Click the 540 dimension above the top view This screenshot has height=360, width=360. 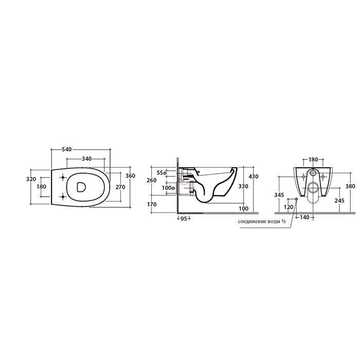67,150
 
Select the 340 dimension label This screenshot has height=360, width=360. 86,158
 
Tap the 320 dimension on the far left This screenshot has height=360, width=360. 31,179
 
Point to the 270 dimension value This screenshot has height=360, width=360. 120,187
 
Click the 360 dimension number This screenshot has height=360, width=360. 131,176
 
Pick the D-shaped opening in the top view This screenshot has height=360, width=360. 81,187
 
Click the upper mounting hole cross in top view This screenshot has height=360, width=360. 63,177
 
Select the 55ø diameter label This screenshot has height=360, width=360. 161,173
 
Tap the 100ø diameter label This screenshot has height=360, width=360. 168,188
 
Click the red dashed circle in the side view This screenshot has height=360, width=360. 184,179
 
